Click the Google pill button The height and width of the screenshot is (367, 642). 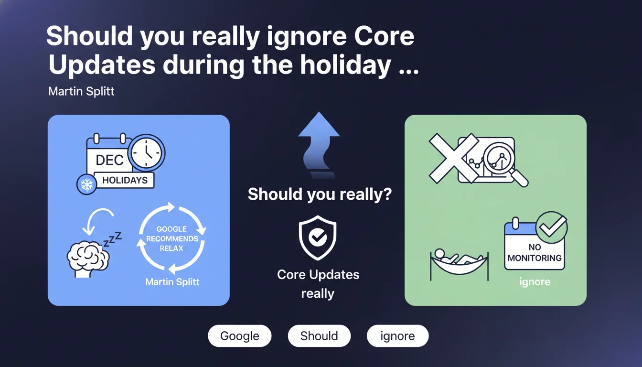[x=240, y=336]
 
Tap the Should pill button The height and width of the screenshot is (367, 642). [x=319, y=336]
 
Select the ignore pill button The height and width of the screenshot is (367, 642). [x=397, y=336]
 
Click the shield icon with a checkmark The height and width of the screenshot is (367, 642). [x=318, y=237]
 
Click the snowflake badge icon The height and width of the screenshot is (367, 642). [x=86, y=184]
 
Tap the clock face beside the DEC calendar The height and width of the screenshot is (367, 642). [x=147, y=153]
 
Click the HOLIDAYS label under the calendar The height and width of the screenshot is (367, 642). [x=125, y=180]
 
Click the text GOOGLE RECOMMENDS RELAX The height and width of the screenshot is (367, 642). [x=172, y=238]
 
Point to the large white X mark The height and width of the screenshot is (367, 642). [x=453, y=158]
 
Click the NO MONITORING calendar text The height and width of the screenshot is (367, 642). [x=535, y=253]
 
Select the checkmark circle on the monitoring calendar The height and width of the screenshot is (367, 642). [x=552, y=227]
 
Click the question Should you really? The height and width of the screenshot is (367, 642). [x=320, y=194]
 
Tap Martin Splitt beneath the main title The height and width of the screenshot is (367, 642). [x=81, y=91]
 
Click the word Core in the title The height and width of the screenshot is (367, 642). [x=384, y=36]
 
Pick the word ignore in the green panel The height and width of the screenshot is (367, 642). [x=535, y=281]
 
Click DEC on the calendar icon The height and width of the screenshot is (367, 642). [x=109, y=160]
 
